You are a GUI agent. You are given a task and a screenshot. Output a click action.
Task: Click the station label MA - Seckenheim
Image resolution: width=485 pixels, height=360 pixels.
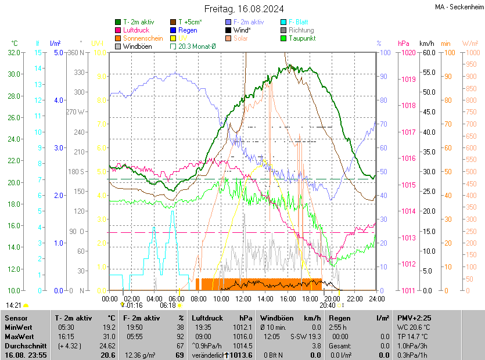coord(459,8)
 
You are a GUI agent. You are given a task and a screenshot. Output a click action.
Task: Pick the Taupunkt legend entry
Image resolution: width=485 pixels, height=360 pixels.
coord(302,38)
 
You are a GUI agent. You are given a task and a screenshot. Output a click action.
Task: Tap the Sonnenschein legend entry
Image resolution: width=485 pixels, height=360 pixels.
coord(143,38)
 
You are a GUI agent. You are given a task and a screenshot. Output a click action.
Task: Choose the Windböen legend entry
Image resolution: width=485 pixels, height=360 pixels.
coord(136,46)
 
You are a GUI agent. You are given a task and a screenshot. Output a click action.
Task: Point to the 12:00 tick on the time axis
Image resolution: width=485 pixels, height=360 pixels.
coord(243,298)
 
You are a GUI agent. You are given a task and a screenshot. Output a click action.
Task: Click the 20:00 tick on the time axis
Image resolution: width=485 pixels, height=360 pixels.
coord(332,298)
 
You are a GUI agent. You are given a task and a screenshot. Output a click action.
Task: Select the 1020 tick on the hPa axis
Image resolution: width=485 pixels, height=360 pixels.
coord(408,53)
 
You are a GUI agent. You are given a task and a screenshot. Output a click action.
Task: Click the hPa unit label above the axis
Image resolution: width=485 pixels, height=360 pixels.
coord(403,44)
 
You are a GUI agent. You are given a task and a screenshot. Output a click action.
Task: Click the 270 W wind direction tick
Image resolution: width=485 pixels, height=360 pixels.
coord(76,112)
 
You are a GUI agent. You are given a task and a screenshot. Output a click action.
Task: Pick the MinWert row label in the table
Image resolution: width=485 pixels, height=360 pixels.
coord(19,327)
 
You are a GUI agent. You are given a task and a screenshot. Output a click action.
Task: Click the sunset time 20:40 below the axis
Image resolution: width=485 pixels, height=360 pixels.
coord(327,305)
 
